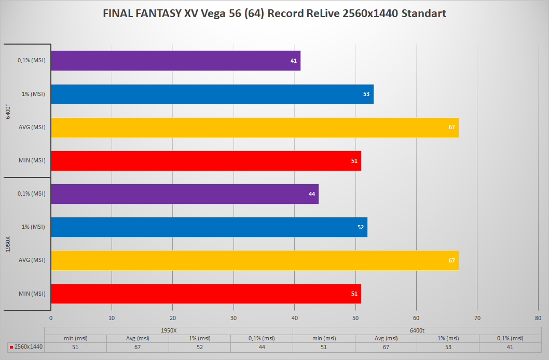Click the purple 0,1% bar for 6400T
coord(175,61)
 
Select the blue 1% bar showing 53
coord(212,94)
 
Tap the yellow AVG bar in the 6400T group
coord(255,128)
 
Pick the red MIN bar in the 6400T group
coord(206,161)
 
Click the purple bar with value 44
coord(185,194)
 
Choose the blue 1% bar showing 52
coord(209,227)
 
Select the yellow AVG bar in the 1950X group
coord(255,260)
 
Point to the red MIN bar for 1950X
coord(206,294)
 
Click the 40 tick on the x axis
coord(294,318)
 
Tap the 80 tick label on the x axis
coord(538,318)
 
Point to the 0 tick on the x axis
coord(51,318)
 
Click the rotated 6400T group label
coord(8,110)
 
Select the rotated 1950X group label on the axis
coord(8,244)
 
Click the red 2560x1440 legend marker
coord(11,347)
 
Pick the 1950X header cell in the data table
coord(169,330)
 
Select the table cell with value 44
coord(262,347)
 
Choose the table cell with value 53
coord(447,347)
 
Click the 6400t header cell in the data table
coord(417,330)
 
